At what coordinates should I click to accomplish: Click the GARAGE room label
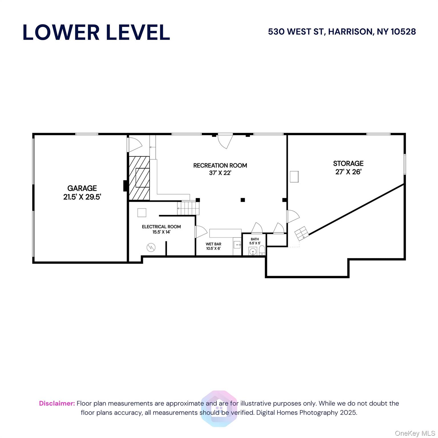(82, 188)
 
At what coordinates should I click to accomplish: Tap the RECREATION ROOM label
(220, 165)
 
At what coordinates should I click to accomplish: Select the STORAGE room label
(348, 163)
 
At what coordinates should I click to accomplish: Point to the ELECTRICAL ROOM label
(161, 227)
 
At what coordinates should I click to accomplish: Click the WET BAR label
(213, 244)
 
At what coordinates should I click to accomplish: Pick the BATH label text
(255, 239)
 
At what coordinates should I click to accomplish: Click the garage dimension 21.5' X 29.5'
(82, 197)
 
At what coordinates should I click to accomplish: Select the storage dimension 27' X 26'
(348, 172)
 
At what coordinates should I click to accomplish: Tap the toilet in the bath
(262, 251)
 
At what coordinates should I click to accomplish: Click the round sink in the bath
(252, 252)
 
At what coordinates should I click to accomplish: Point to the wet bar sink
(237, 245)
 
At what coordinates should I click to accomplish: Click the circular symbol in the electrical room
(151, 247)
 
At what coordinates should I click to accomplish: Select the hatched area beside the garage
(139, 178)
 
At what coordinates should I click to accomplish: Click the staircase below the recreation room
(188, 208)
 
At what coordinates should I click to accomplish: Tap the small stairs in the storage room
(301, 233)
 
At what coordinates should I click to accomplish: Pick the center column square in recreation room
(243, 200)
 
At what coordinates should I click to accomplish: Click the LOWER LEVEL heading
(96, 32)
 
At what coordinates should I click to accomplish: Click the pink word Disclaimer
(57, 403)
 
